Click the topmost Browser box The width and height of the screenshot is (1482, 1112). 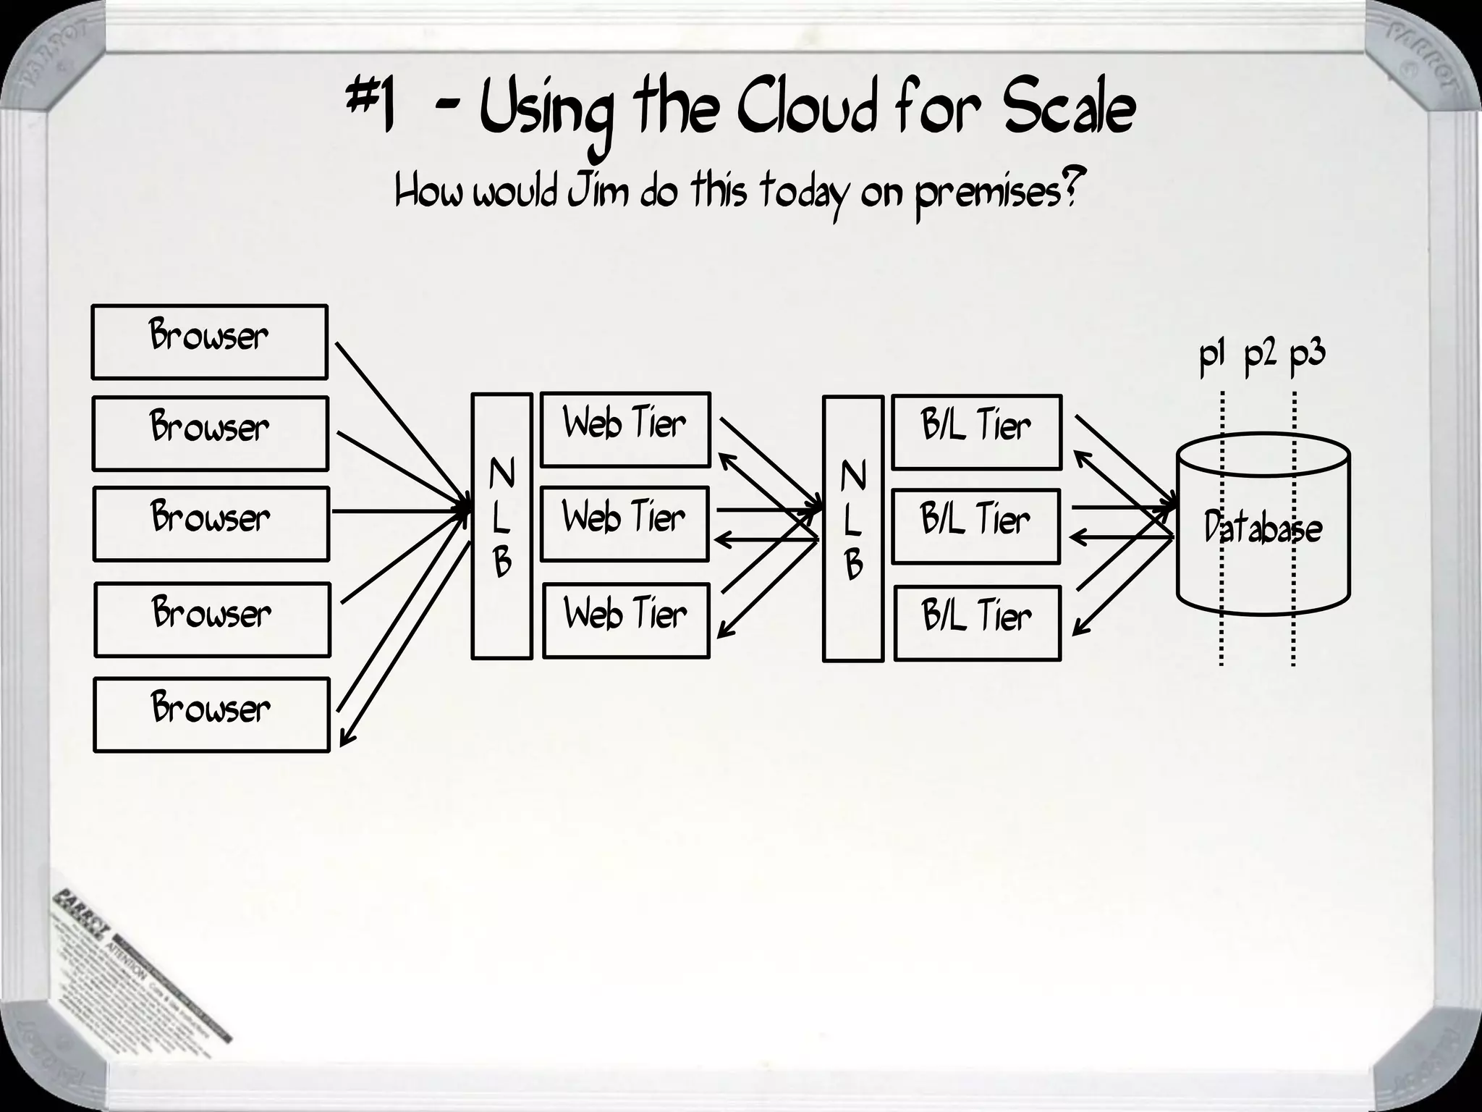[x=209, y=342]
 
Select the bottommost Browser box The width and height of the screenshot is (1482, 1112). [x=211, y=715]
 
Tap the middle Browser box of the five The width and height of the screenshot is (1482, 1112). [x=211, y=523]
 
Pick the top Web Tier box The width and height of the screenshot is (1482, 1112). [x=625, y=429]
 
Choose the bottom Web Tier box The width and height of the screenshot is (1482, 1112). [x=626, y=620]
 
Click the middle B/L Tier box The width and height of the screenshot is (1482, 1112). [x=975, y=526]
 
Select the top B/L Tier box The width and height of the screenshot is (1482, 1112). [x=976, y=431]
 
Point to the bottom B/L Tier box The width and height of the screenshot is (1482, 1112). [x=977, y=623]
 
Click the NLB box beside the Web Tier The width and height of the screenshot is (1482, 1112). [x=501, y=526]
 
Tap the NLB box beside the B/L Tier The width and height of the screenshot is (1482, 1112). [x=853, y=528]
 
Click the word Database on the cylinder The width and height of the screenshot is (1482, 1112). [x=1263, y=528]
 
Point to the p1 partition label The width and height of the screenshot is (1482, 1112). [x=1211, y=357]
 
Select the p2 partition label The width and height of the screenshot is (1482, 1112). [x=1260, y=357]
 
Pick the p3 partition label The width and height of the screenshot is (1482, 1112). [x=1307, y=355]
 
